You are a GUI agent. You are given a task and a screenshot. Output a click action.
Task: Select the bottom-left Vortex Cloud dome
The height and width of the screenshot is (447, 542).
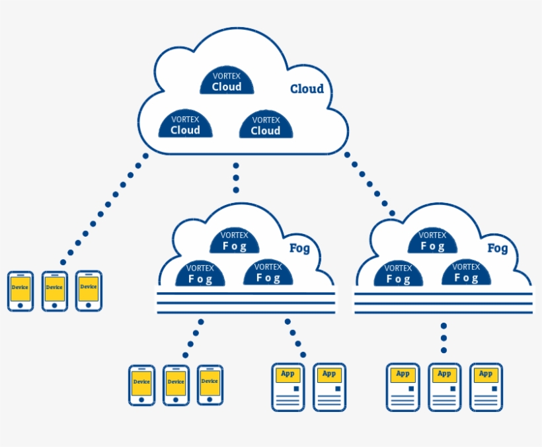tap(185, 125)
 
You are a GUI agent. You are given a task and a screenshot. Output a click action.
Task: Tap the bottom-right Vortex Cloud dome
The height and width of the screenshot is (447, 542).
tap(266, 125)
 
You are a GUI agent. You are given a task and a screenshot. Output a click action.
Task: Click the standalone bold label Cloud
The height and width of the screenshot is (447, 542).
tap(307, 89)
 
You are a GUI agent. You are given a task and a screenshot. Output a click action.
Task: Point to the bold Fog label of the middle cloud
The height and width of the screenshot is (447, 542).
tap(299, 249)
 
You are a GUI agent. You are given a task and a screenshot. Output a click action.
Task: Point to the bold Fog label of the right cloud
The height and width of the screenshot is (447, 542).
tap(498, 249)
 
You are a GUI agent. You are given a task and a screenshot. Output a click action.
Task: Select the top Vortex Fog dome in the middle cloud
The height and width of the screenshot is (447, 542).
tap(235, 241)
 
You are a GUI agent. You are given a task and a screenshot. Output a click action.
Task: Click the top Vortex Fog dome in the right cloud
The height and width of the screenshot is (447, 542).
tap(433, 241)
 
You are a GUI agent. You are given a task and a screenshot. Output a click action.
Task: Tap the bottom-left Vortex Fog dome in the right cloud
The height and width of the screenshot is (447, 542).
tap(399, 274)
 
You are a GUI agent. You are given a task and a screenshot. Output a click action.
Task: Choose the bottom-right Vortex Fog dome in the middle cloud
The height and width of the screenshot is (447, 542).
tap(268, 273)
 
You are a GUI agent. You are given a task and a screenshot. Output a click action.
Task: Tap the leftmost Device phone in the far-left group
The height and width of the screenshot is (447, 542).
tap(20, 290)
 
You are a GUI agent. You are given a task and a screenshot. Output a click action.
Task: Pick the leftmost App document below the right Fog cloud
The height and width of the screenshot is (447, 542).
tap(403, 387)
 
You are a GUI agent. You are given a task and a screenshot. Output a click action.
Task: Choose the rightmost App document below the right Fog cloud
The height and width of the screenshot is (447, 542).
tap(486, 387)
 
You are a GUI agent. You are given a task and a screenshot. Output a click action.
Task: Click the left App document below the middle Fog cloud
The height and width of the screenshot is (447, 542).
tap(288, 387)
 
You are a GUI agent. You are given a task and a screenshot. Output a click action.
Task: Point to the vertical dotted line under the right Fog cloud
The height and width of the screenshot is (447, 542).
tap(444, 338)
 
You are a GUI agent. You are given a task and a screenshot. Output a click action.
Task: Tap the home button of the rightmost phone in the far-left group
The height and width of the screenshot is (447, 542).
tap(89, 305)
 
